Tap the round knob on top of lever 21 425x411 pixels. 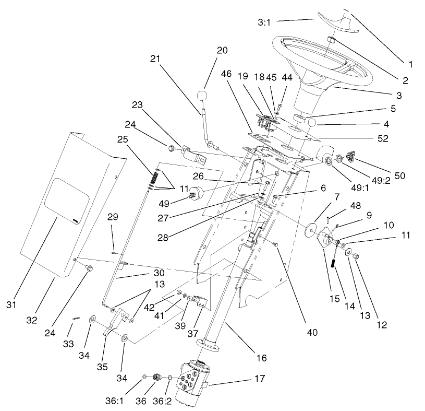(203, 97)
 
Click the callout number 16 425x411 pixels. (261, 358)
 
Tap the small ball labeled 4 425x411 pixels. (313, 123)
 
